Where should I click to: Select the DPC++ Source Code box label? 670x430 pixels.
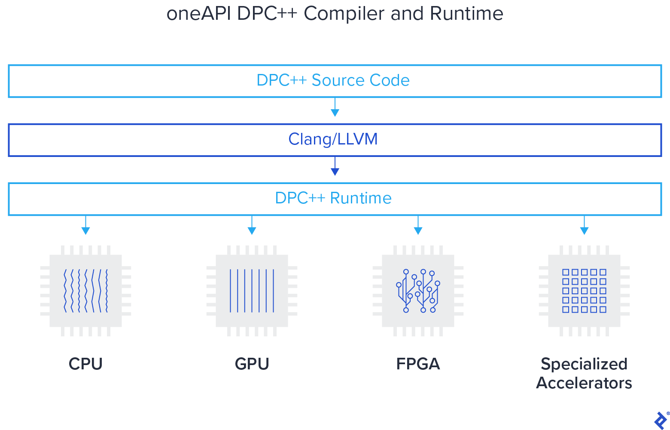333,80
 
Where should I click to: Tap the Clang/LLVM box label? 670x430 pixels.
333,139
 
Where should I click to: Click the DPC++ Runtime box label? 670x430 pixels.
333,198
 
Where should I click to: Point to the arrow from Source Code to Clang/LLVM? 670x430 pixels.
335,107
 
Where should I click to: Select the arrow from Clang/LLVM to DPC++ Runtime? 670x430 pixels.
335,166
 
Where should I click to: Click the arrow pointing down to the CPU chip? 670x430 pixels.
85,225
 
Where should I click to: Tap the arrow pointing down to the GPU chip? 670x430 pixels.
252,225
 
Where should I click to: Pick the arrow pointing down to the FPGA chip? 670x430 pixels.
418,225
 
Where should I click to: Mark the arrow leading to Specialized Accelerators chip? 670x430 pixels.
584,225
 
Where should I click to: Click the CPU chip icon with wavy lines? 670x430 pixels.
85,291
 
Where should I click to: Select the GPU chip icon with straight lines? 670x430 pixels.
252,291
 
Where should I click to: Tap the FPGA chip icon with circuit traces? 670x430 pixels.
418,291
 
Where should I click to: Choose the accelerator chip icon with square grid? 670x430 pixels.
584,291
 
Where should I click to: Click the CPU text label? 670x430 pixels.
85,364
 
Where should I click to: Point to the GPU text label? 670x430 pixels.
252,364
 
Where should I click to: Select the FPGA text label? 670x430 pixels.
418,364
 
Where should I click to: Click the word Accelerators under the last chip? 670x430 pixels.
584,383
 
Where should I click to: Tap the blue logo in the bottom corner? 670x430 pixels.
660,420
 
